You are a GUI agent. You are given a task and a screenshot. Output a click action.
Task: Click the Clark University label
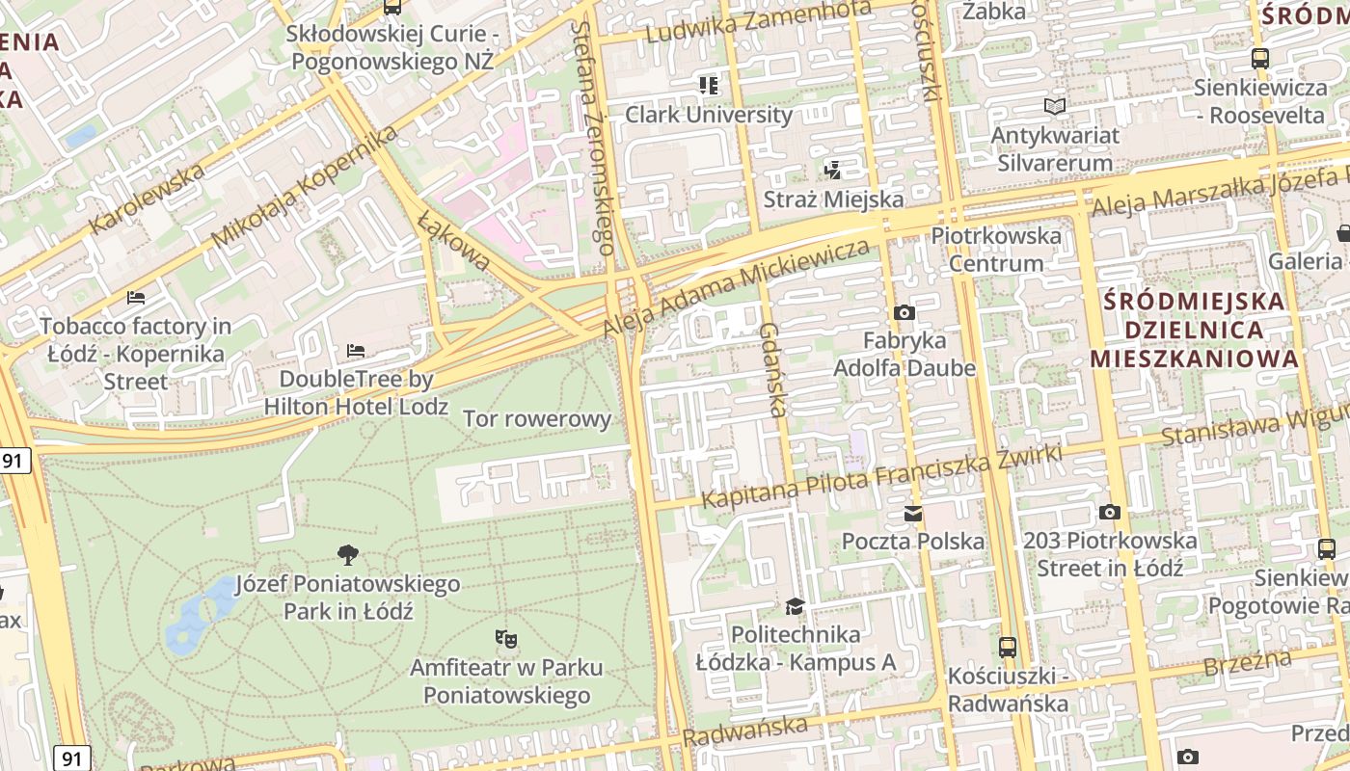pyautogui.click(x=709, y=115)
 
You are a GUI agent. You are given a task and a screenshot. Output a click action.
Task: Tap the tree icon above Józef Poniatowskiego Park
pyautogui.click(x=348, y=554)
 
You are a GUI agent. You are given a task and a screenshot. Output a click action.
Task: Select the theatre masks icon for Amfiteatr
pyautogui.click(x=505, y=637)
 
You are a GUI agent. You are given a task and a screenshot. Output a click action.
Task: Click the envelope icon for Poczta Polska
pyautogui.click(x=913, y=513)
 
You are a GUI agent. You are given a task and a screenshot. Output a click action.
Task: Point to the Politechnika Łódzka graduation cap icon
pyautogui.click(x=795, y=606)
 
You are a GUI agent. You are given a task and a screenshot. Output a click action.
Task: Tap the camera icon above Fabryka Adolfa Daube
pyautogui.click(x=904, y=312)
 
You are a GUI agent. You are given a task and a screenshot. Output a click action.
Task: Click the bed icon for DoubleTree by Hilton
pyautogui.click(x=356, y=350)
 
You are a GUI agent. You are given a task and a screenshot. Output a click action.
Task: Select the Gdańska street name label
pyautogui.click(x=770, y=370)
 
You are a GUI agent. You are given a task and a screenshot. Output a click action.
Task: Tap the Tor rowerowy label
pyautogui.click(x=537, y=419)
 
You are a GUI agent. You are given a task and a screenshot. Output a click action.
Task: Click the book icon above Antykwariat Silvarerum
pyautogui.click(x=1056, y=106)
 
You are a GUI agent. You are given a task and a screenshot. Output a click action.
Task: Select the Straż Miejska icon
pyautogui.click(x=833, y=171)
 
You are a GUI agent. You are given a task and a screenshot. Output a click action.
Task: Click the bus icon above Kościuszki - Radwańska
pyautogui.click(x=1008, y=647)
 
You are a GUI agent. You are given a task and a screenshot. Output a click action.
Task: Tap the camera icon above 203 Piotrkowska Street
pyautogui.click(x=1110, y=512)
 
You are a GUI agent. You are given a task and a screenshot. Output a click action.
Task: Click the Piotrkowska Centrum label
pyautogui.click(x=996, y=250)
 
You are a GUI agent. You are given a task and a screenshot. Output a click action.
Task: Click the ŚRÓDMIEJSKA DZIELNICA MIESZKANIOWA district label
pyautogui.click(x=1194, y=330)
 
